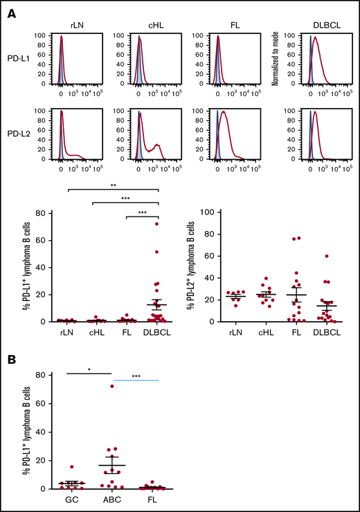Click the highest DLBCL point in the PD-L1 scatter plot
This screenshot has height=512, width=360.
[156, 223]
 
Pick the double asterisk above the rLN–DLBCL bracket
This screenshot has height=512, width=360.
[114, 185]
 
